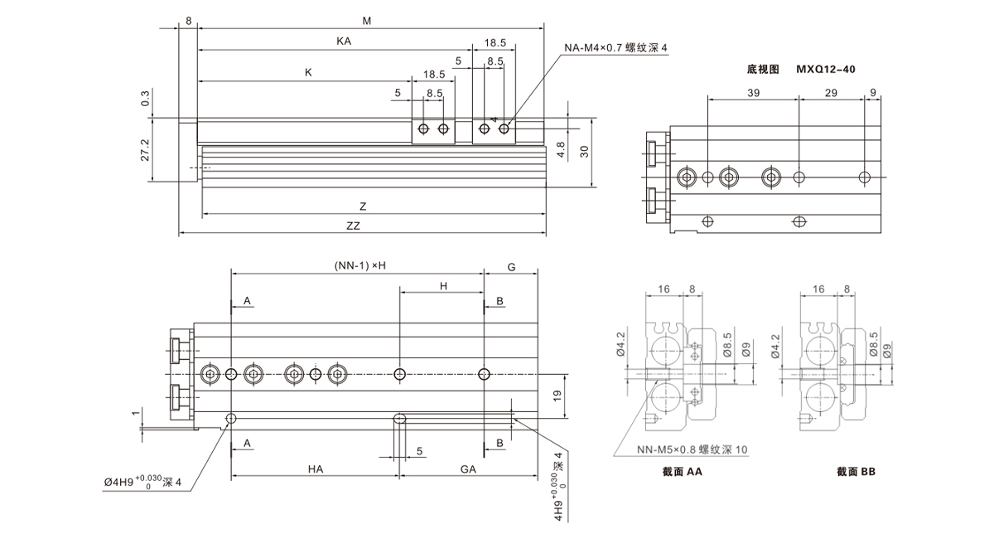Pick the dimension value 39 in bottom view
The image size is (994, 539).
[x=753, y=94]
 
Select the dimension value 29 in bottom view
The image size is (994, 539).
[x=830, y=94]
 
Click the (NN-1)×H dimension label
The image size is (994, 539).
[x=361, y=265]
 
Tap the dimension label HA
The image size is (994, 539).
[x=316, y=469]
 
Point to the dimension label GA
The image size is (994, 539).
[x=468, y=469]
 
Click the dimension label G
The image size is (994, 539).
[x=511, y=267]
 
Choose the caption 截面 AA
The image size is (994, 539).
[x=683, y=471]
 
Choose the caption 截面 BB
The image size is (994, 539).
[x=856, y=471]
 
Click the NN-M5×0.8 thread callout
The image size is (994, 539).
[x=692, y=450]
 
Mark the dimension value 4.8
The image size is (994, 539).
[x=560, y=150]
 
